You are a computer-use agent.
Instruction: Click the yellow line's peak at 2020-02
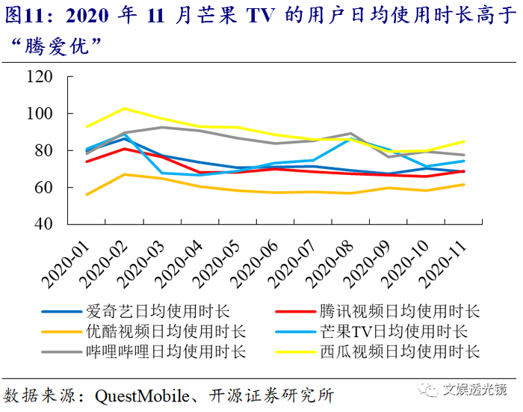125,108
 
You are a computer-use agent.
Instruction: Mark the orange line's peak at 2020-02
125,174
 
